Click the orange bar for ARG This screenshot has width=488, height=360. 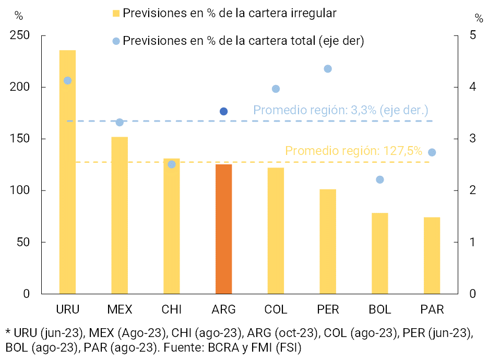click(x=223, y=229)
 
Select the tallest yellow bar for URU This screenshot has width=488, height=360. click(x=67, y=172)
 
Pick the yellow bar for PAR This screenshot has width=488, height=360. click(x=432, y=256)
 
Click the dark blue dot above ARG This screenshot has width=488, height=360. click(x=224, y=111)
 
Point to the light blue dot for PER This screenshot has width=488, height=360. click(x=328, y=69)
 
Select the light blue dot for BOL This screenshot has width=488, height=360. click(x=380, y=179)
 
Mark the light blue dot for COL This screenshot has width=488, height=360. click(x=276, y=89)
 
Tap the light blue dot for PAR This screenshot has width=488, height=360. click(x=432, y=152)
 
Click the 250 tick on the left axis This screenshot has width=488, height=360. click(x=19, y=35)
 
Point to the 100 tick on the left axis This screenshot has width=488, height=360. click(x=19, y=190)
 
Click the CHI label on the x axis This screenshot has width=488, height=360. click(x=172, y=309)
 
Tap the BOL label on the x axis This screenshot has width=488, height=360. click(x=380, y=309)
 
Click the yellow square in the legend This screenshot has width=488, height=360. click(x=116, y=14)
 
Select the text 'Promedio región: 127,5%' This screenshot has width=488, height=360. click(x=353, y=151)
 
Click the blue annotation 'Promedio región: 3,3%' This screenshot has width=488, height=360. click(x=340, y=110)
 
